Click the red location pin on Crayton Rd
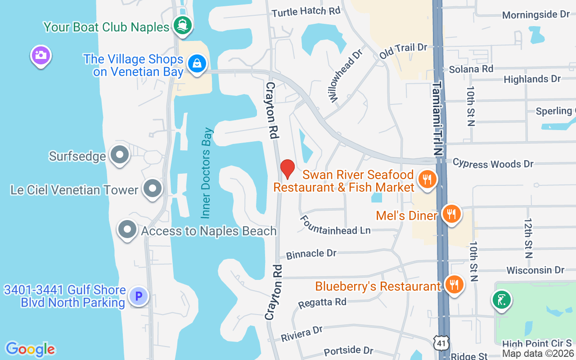coord(287,169)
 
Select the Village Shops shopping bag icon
coord(197,63)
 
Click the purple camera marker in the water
coord(40,56)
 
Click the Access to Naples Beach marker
coord(127,230)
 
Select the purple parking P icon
coord(139,297)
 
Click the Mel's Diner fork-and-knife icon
coord(451,214)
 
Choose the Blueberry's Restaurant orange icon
coord(454,285)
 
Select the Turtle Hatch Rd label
coord(306,12)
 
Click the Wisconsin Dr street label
coord(535,270)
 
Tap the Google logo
coord(30,349)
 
